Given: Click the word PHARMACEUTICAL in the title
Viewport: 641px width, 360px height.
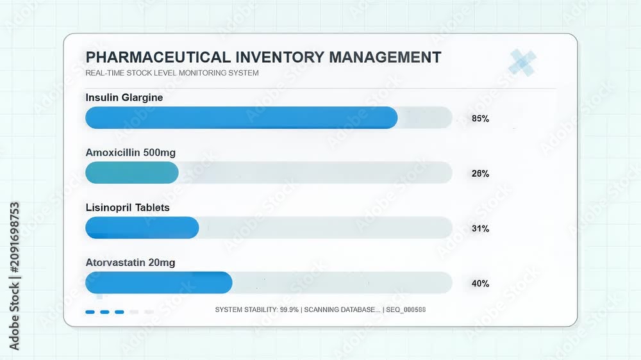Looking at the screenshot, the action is [x=158, y=57].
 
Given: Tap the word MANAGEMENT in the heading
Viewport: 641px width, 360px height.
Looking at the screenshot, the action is [x=385, y=57].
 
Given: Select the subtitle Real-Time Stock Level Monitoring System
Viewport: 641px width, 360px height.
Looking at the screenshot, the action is [x=172, y=73].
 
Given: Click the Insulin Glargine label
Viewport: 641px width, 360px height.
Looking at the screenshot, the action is [x=124, y=97].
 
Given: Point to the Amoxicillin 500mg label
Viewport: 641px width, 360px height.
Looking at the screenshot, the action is [x=130, y=152].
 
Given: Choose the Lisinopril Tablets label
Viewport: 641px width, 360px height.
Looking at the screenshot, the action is [x=128, y=208].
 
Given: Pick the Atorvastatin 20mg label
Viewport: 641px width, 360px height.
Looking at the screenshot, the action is [x=130, y=263].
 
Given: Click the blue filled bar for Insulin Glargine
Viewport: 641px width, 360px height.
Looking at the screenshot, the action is [x=241, y=118].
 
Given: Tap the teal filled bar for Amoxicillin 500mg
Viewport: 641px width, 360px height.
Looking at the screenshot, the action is [x=132, y=172].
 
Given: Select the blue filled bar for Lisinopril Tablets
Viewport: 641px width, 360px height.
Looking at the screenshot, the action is [x=142, y=227].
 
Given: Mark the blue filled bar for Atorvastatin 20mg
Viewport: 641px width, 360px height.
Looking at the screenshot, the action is [x=159, y=282].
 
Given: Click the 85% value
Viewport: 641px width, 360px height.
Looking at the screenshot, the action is [x=480, y=119].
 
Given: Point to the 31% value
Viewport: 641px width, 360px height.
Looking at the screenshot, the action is [x=480, y=229].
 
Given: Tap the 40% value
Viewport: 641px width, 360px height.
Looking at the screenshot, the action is [x=480, y=284].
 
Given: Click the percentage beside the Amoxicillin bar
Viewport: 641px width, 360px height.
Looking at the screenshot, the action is [x=480, y=174].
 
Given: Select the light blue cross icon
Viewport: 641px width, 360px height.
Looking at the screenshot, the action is [x=522, y=63].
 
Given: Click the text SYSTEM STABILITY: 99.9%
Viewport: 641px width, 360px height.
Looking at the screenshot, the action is [x=257, y=310].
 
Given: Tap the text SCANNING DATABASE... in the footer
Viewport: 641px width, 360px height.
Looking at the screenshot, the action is [x=342, y=310].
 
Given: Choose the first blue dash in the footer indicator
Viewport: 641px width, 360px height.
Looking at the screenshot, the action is [x=90, y=312].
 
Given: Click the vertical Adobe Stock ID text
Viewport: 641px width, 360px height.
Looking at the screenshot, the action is [x=14, y=276].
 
